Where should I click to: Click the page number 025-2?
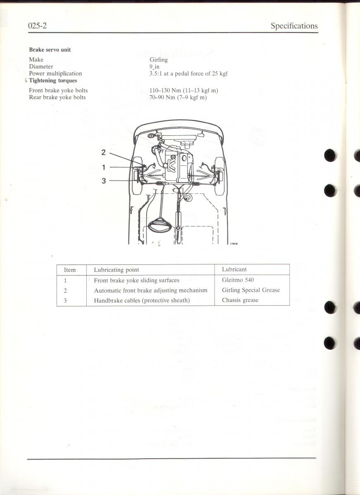pos(38,26)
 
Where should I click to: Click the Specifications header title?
pos(294,26)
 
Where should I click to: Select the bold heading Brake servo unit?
pos(50,49)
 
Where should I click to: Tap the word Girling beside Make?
pos(159,60)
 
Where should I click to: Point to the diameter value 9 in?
pos(154,66)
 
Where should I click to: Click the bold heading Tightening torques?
pos(53,80)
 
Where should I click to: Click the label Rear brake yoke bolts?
pos(57,97)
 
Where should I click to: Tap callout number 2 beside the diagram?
pos(104,152)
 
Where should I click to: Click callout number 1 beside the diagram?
pos(104,167)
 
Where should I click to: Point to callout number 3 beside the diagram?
pos(104,181)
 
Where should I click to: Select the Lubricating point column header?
pos(116,270)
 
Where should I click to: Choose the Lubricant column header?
pos(234,269)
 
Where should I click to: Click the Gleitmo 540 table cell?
pos(238,280)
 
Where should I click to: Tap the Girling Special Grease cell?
pos(251,290)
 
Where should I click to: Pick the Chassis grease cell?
pos(240,300)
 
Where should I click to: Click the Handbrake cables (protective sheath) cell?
pos(142,301)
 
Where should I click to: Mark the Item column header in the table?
pos(70,270)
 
